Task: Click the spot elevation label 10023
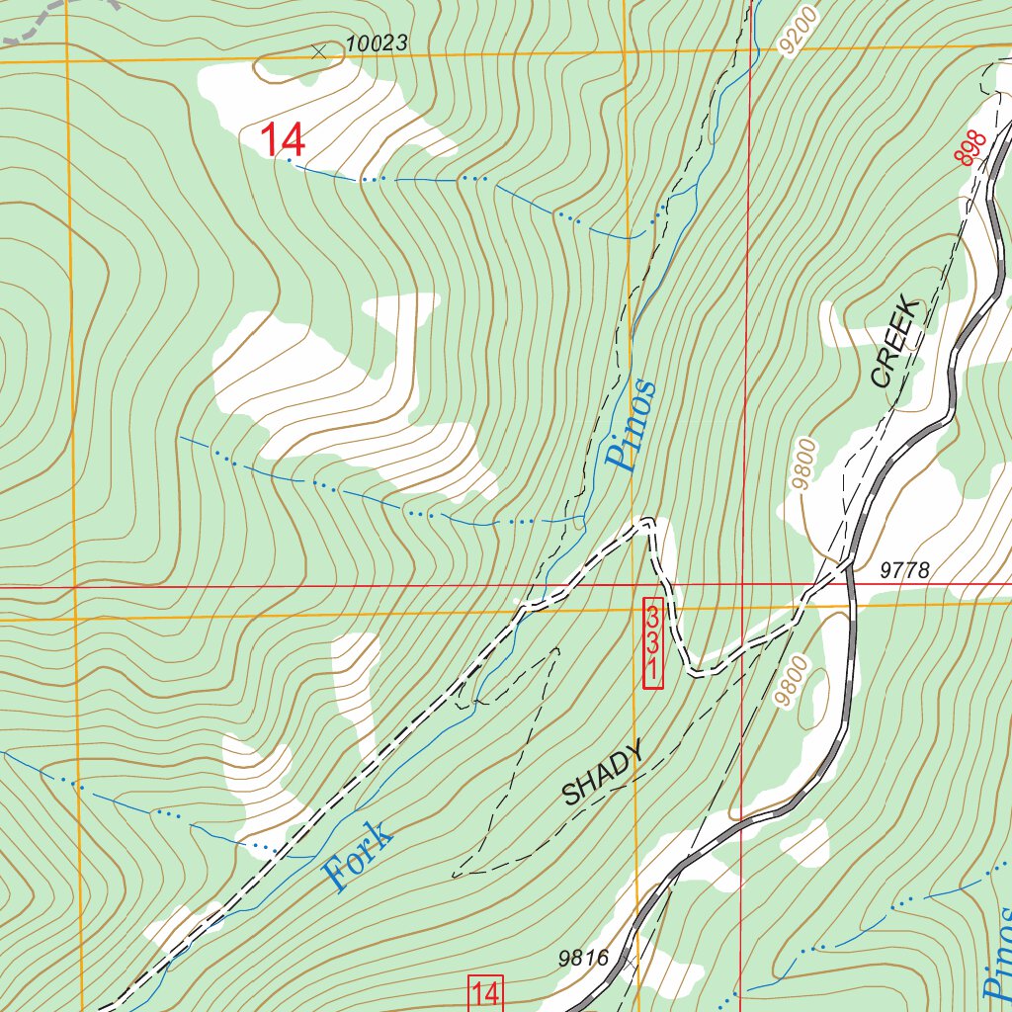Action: [x=376, y=43]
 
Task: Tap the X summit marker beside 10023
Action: [x=318, y=51]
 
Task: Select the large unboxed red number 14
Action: [x=283, y=139]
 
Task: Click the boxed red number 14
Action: [x=485, y=993]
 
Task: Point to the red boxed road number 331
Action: [x=652, y=642]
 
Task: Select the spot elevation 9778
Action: [x=903, y=570]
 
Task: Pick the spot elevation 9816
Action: [x=582, y=957]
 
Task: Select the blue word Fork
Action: [x=358, y=856]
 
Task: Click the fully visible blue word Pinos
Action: [x=631, y=425]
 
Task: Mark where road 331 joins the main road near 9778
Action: [x=847, y=568]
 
